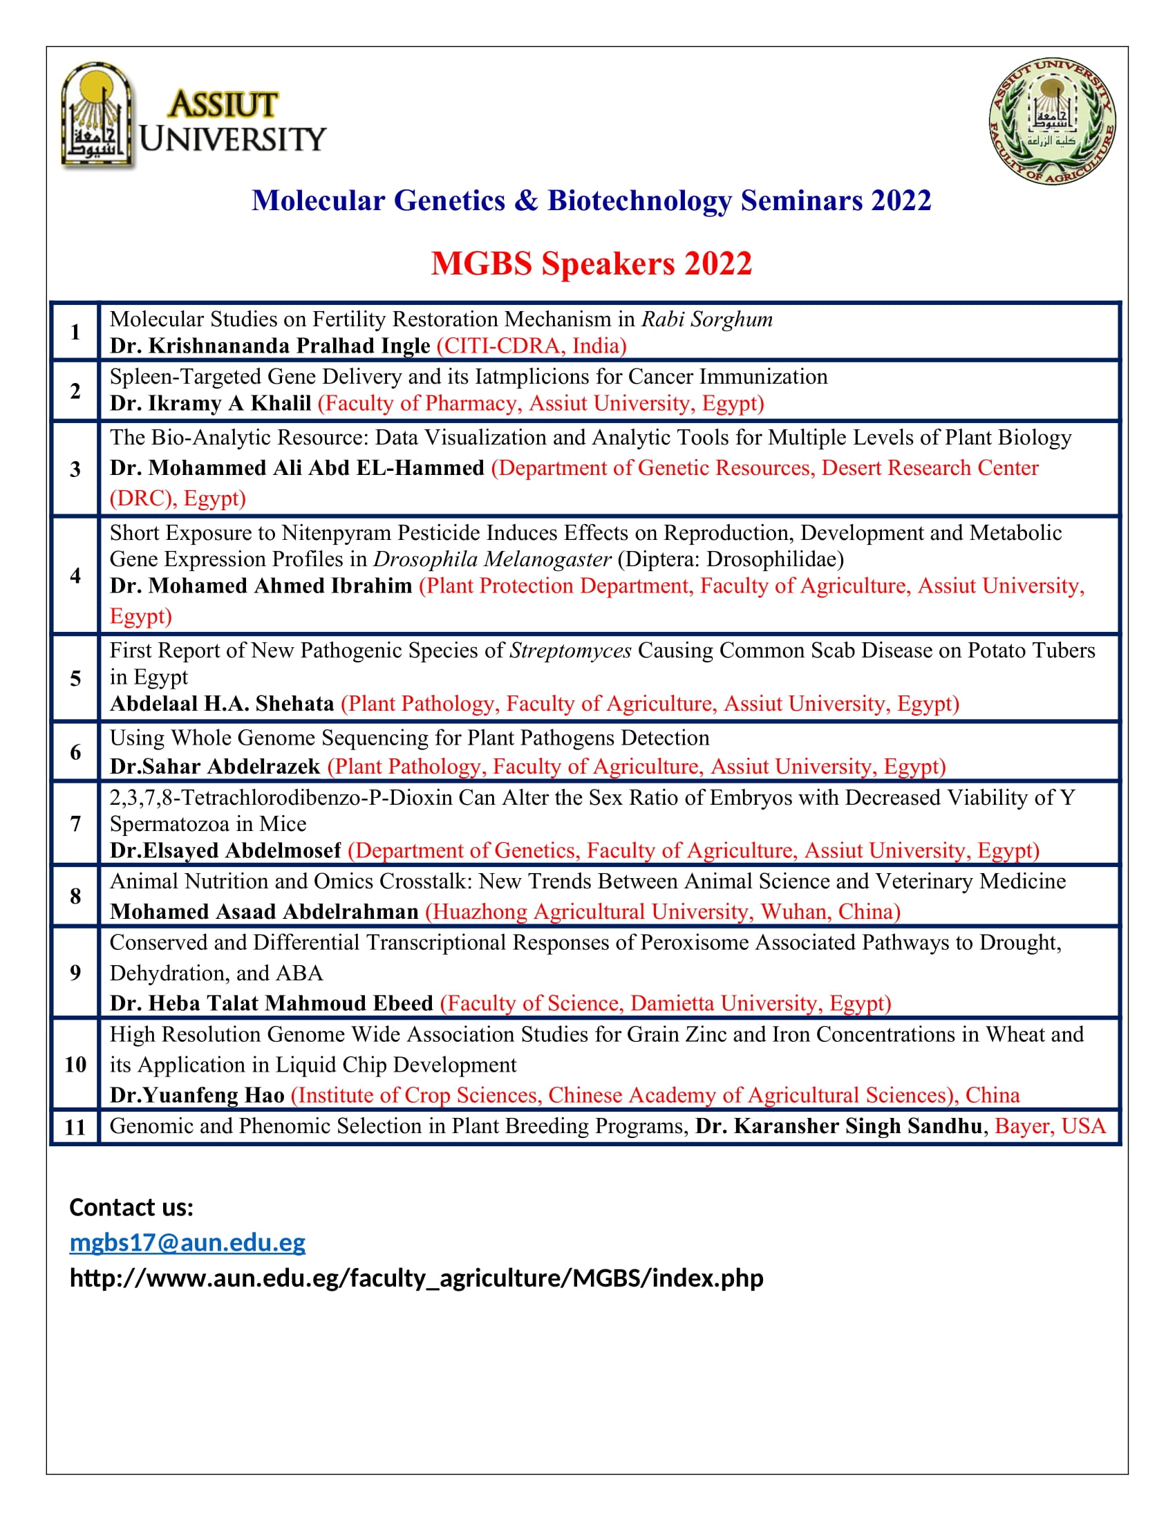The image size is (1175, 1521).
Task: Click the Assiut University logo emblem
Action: [97, 115]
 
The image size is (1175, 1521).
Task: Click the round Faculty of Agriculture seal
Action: [1052, 120]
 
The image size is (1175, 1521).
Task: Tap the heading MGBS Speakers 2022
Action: [591, 264]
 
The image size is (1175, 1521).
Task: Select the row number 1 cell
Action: [75, 332]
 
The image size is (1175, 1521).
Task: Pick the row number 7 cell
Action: [75, 824]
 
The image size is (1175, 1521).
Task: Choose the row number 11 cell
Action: [75, 1127]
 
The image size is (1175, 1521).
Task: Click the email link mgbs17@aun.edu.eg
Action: [187, 1242]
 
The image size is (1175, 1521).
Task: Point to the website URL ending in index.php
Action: [416, 1278]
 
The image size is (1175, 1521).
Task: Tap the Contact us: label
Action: [131, 1207]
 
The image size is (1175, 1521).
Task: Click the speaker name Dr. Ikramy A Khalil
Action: [210, 403]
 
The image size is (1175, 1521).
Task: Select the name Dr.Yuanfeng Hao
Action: [197, 1096]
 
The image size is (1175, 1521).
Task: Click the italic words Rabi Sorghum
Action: [706, 319]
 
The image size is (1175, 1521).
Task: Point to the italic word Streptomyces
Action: [570, 651]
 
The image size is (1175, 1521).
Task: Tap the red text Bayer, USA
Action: [1050, 1126]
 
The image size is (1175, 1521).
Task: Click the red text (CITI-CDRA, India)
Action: [531, 346]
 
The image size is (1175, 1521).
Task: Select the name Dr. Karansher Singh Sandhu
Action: [838, 1126]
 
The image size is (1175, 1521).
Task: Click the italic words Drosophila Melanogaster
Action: [492, 559]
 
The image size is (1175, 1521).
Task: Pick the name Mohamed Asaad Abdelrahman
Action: [264, 912]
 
